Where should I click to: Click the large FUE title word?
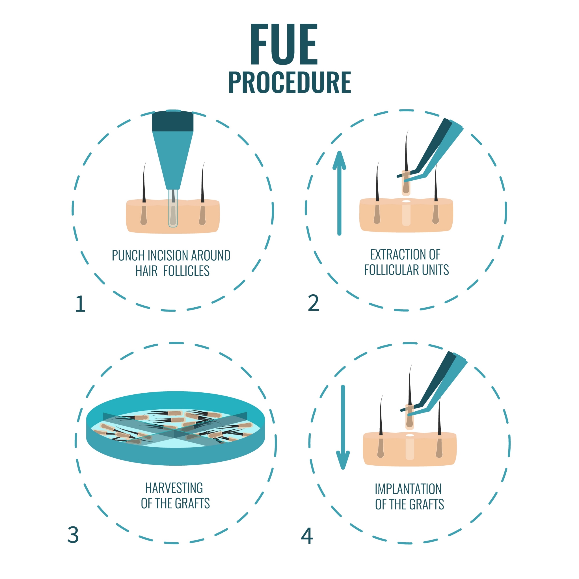pyautogui.click(x=284, y=44)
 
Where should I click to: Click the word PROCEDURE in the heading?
pyautogui.click(x=289, y=83)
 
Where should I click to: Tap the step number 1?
pyautogui.click(x=80, y=304)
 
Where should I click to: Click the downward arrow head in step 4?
pyautogui.click(x=343, y=460)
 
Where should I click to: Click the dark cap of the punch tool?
pyautogui.click(x=173, y=121)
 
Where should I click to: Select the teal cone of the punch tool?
pyautogui.click(x=173, y=156)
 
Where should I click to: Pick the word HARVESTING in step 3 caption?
pyautogui.click(x=174, y=488)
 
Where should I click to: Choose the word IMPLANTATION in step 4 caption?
pyautogui.click(x=408, y=489)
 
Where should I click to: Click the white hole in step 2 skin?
pyautogui.click(x=406, y=201)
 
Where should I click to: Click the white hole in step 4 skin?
pyautogui.click(x=410, y=435)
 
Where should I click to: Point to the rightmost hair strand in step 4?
pyautogui.click(x=439, y=416)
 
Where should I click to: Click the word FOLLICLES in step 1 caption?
pyautogui.click(x=186, y=271)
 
